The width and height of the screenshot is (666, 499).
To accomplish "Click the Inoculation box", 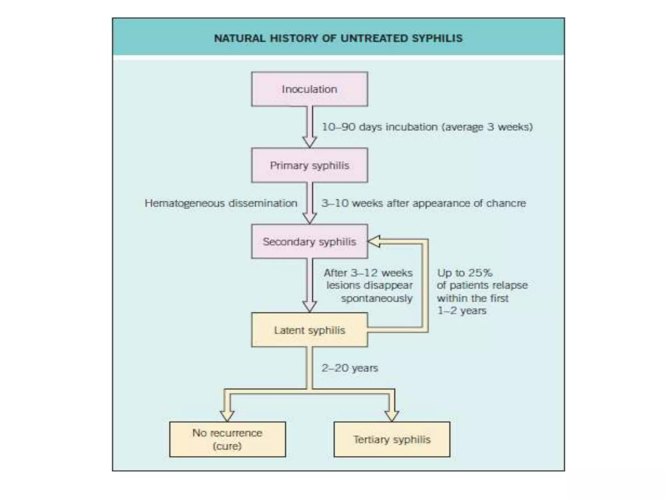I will pyautogui.click(x=309, y=89).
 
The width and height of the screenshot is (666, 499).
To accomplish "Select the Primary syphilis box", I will pyautogui.click(x=309, y=165).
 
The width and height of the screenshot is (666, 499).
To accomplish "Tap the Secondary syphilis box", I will pyautogui.click(x=309, y=241).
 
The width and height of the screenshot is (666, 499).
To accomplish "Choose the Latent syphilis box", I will pyautogui.click(x=309, y=330).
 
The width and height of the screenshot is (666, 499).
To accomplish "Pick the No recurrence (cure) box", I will pyautogui.click(x=227, y=439).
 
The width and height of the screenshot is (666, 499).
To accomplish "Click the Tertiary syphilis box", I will pyautogui.click(x=392, y=439).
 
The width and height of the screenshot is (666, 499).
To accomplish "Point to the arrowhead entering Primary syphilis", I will pyautogui.click(x=310, y=142).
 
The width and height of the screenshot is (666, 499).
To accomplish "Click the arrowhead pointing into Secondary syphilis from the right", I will pyautogui.click(x=374, y=242).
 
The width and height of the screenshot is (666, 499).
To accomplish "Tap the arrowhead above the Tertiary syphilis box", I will pyautogui.click(x=392, y=416).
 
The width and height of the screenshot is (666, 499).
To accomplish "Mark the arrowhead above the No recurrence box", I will pyautogui.click(x=227, y=416).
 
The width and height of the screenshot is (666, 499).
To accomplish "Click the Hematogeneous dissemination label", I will pyautogui.click(x=221, y=203).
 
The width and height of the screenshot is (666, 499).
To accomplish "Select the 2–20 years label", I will pyautogui.click(x=350, y=368).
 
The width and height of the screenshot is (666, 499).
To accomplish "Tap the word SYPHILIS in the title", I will pyautogui.click(x=437, y=38).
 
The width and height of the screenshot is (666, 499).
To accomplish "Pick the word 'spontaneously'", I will pyautogui.click(x=377, y=298).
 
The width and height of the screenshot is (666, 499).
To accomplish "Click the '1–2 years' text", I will pyautogui.click(x=461, y=311).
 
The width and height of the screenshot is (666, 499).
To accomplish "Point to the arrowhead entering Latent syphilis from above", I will pyautogui.click(x=310, y=306).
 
